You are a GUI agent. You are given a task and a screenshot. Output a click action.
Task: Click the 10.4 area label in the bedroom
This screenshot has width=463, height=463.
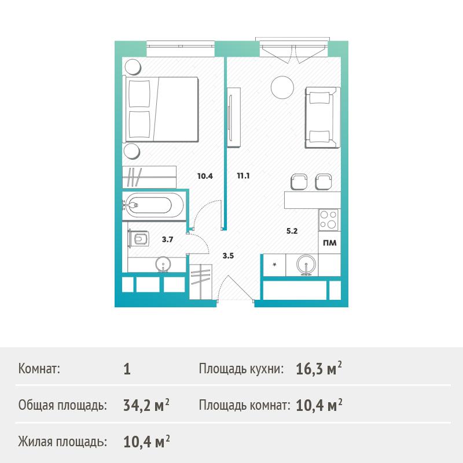pyautogui.click(x=205, y=177)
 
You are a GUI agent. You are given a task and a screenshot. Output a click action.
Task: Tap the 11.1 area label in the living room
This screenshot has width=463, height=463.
pyautogui.click(x=243, y=176)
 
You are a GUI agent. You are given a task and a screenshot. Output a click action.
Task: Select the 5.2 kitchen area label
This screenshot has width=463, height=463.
pyautogui.click(x=292, y=231)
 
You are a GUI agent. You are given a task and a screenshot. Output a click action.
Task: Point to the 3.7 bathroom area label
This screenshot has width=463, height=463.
pyautogui.click(x=167, y=240)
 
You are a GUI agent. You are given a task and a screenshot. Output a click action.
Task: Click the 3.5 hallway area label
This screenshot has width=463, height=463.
pyautogui.click(x=228, y=256)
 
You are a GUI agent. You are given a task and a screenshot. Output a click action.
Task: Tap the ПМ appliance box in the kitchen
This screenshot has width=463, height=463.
pyautogui.click(x=329, y=242)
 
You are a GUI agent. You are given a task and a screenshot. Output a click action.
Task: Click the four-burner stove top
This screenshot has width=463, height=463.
pyautogui.click(x=329, y=220)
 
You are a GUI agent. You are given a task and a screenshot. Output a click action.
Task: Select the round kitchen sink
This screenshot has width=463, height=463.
pyautogui.click(x=306, y=265)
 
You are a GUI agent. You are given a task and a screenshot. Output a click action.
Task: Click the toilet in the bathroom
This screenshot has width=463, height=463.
pyautogui.click(x=139, y=238)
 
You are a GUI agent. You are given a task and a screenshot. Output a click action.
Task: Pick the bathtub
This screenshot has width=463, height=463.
pyautogui.click(x=153, y=205)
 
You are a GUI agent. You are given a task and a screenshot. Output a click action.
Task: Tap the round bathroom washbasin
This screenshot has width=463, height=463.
pyautogui.click(x=163, y=264)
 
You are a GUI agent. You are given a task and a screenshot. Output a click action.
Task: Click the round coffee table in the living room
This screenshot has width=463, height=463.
pyautogui.click(x=282, y=87)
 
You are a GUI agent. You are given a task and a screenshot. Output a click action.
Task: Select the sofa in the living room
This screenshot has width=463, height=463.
pyautogui.click(x=322, y=117)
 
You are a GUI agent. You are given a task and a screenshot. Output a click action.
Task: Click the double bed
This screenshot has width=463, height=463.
pyautogui.click(x=161, y=109)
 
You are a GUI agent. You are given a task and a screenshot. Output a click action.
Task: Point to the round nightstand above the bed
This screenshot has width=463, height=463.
pyautogui.click(x=133, y=67)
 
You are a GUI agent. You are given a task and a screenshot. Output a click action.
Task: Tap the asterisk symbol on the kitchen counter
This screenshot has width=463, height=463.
pyautogui.click(x=274, y=264)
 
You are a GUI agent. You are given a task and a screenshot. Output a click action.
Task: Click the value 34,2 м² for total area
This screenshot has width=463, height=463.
pyautogui.click(x=146, y=405)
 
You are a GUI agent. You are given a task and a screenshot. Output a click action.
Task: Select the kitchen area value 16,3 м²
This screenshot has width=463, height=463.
pyautogui.click(x=319, y=369)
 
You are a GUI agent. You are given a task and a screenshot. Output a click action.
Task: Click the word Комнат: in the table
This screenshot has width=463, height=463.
pyautogui.click(x=39, y=369)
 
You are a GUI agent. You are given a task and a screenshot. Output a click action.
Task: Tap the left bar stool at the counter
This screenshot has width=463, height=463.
pyautogui.click(x=299, y=182)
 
